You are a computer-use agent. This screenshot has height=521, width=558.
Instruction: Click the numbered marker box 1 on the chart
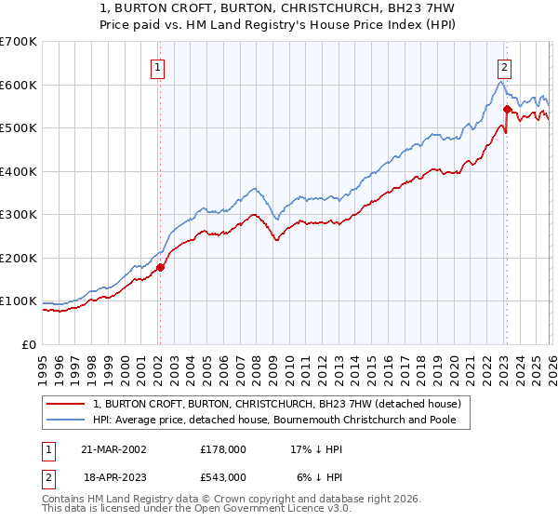pos(158,67)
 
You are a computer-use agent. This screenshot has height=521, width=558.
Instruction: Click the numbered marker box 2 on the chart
pos(504,67)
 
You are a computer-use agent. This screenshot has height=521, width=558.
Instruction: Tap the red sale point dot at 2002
pos(160,267)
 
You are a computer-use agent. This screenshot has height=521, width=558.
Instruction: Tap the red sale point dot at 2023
pos(507,109)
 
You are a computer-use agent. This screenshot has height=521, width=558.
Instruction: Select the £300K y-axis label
pos(19,215)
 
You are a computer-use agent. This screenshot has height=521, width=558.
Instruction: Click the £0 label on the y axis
pos(28,345)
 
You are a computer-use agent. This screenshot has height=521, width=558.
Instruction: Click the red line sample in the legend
pos(68,404)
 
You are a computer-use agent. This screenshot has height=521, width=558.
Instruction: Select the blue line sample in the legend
pos(68,421)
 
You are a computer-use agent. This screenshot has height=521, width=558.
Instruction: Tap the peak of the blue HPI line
pos(500,82)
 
